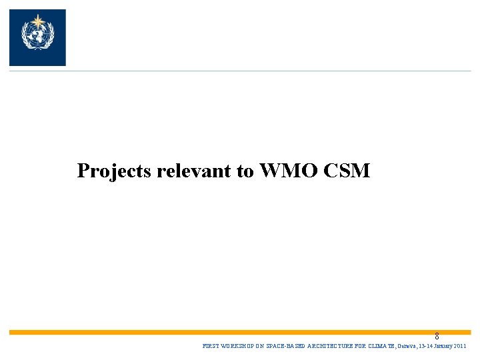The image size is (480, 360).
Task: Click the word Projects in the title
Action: coord(115,171)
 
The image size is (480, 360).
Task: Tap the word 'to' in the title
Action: coord(245,171)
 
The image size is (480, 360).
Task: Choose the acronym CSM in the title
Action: coord(346,171)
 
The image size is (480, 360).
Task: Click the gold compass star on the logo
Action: coord(37,18)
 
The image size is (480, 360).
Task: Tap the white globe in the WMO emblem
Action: coord(37,35)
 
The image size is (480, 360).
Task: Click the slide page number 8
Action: coord(437,337)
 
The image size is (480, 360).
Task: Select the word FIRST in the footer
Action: coord(209,347)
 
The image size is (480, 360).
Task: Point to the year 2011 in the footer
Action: coord(460,347)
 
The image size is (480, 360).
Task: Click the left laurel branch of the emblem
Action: coord(25,37)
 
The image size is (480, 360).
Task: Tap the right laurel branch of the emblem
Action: coord(49,37)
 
